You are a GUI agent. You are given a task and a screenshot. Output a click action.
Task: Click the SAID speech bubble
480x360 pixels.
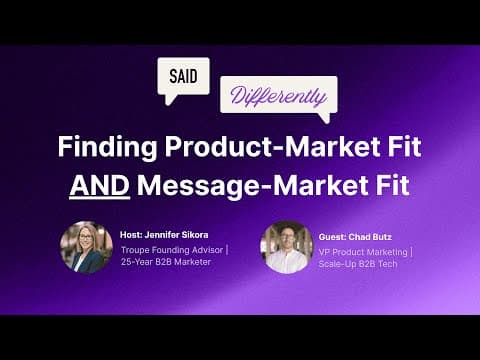point(184,76)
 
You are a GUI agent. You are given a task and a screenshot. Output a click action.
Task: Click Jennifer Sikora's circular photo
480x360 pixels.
point(86,247)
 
